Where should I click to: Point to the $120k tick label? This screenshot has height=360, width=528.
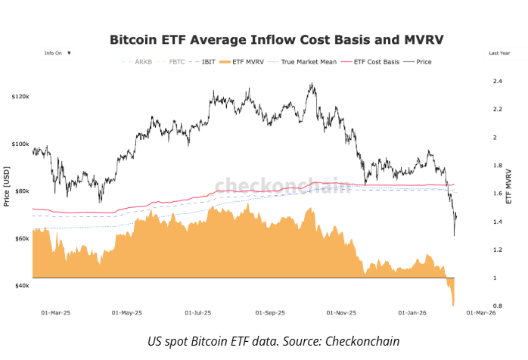click(x=20, y=97)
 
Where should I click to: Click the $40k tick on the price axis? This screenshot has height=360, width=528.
click(x=21, y=286)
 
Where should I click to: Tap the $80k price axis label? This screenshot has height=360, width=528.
click(x=21, y=191)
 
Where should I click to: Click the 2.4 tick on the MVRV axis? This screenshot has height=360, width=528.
click(x=497, y=81)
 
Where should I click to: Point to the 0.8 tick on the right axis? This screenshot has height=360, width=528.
click(x=497, y=306)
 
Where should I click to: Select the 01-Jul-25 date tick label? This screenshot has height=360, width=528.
click(x=197, y=312)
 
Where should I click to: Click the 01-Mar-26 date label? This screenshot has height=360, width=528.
click(x=480, y=312)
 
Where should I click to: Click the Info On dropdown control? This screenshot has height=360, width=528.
click(x=57, y=54)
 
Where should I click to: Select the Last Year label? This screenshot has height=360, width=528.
click(x=499, y=54)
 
